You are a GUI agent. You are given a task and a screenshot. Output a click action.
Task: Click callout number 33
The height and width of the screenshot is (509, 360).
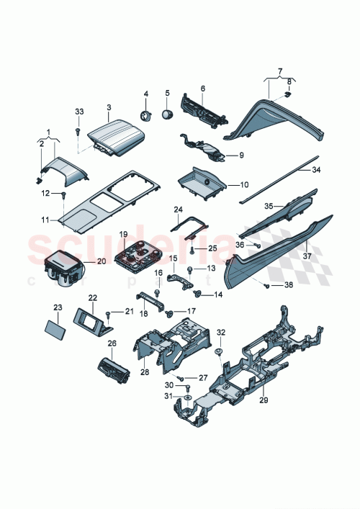point(79,112)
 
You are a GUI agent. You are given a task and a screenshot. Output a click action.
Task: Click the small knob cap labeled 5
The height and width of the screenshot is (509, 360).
point(168,114)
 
